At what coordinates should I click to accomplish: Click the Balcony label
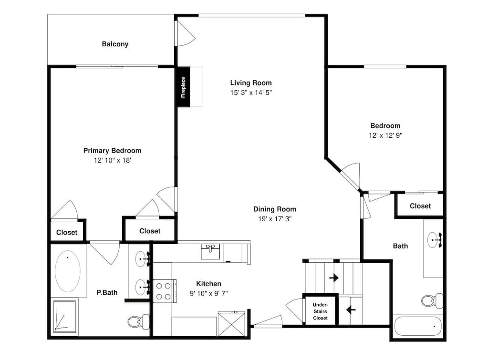pos(115,44)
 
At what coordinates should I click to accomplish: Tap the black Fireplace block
pos(184,87)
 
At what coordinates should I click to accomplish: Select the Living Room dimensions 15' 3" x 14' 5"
pos(251,93)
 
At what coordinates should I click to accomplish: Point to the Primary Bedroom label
pos(112,151)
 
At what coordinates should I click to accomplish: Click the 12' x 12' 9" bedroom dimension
pos(385,135)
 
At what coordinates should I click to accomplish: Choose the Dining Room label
pos(275,209)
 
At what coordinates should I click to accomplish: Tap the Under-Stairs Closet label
pos(321,311)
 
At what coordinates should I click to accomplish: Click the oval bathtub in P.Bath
pos(68,271)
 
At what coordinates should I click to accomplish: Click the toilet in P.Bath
pos(138,322)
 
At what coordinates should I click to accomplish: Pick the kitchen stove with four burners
pos(165,291)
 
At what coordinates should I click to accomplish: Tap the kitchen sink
pos(210,251)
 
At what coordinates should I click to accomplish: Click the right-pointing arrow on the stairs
pos(334,278)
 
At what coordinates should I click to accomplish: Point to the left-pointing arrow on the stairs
pos(351,310)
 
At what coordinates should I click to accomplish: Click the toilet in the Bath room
pos(432,301)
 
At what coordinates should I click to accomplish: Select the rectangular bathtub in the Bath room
pos(418,326)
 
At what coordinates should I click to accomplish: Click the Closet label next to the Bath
pos(420,206)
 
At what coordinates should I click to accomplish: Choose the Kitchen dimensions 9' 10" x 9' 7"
pos(209,293)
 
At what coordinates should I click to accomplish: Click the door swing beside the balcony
pos(186,33)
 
